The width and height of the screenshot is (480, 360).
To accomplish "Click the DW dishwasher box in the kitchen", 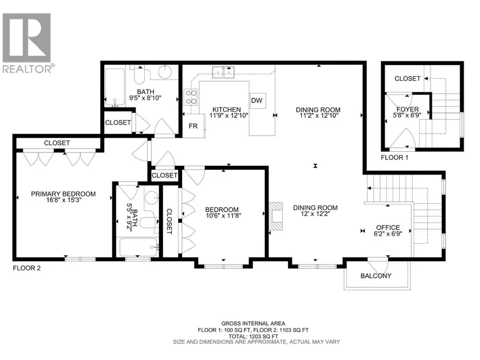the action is (257, 101).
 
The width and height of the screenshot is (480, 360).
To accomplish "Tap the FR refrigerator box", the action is (194, 126).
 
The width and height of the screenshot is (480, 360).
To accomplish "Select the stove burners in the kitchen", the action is (191, 97).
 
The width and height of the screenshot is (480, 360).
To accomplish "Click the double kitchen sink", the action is (223, 72).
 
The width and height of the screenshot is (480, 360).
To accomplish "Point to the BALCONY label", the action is (376, 276).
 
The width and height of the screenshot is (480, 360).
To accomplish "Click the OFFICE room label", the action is (388, 227).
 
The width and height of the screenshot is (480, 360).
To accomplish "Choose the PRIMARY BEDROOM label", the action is (63, 194).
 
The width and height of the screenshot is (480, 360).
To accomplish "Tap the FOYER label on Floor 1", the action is (407, 109).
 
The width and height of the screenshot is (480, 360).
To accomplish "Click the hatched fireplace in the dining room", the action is (276, 217).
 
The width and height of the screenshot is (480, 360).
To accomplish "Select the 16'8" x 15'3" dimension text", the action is (63, 200).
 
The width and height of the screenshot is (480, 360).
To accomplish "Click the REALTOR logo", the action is (27, 43).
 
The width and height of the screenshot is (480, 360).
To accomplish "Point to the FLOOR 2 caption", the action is (27, 268).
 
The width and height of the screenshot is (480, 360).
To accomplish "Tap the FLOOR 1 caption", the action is (394, 158).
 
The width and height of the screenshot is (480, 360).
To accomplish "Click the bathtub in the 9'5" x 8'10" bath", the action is (115, 87).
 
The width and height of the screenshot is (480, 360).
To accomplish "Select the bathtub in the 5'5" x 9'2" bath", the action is (138, 247).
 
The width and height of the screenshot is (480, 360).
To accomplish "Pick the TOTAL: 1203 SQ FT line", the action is (253, 336).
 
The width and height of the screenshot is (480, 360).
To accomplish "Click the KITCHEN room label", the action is (226, 109).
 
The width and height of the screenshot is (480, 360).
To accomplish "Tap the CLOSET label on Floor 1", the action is (407, 79).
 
